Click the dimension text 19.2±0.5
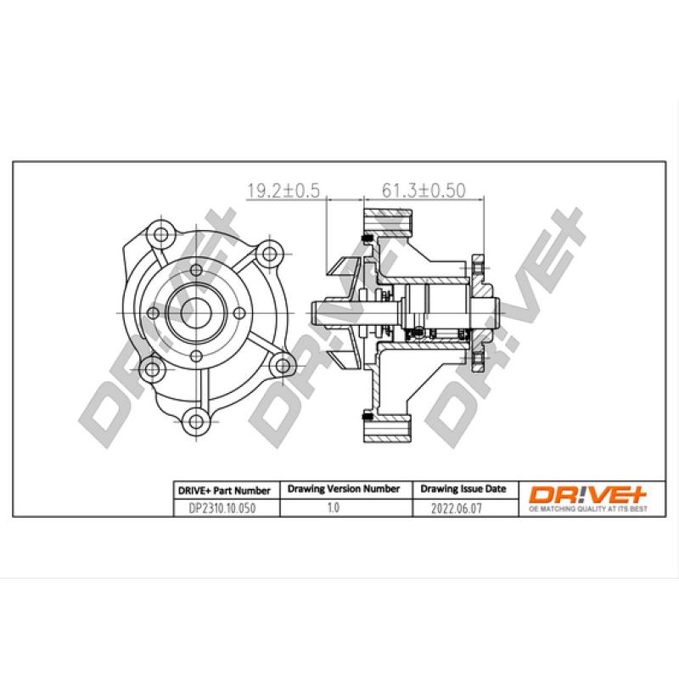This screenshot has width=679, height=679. coord(281,192)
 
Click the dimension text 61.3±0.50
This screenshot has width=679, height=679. coord(424,192)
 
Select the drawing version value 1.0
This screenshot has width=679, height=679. coord(333,508)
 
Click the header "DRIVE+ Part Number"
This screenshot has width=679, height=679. coord(223,491)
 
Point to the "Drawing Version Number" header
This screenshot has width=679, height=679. coord(343,490)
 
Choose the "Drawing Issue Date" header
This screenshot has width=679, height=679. coord(463,490)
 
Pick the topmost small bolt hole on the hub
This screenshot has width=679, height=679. coord(195,272)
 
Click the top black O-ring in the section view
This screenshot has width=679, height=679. coord(367,235)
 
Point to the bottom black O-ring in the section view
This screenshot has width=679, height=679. coord(367,416)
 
